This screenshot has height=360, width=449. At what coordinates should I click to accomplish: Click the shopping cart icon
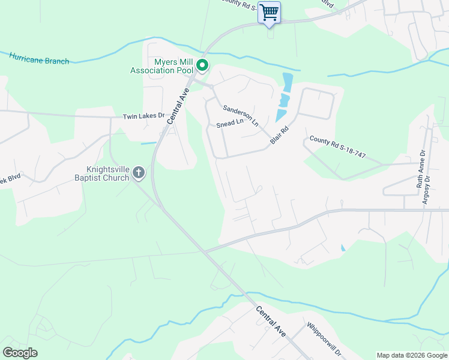click(270, 12)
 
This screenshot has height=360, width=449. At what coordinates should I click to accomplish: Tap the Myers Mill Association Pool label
click(163, 66)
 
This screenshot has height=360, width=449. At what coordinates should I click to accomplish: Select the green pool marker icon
click(203, 65)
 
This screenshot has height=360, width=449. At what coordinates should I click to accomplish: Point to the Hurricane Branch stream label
click(39, 58)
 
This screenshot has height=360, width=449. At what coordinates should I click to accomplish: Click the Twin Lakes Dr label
click(143, 116)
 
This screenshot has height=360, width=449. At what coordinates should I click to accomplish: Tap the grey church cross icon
click(139, 173)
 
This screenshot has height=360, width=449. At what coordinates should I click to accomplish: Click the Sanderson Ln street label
click(240, 116)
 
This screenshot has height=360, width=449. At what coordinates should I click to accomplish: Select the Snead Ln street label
click(231, 124)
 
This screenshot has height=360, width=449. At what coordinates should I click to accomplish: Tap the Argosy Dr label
click(427, 191)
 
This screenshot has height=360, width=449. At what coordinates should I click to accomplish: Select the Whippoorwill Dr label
click(324, 339)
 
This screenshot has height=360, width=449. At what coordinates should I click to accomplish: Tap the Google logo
click(20, 353)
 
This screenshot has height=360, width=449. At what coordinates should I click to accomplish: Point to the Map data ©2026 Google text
click(412, 355)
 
